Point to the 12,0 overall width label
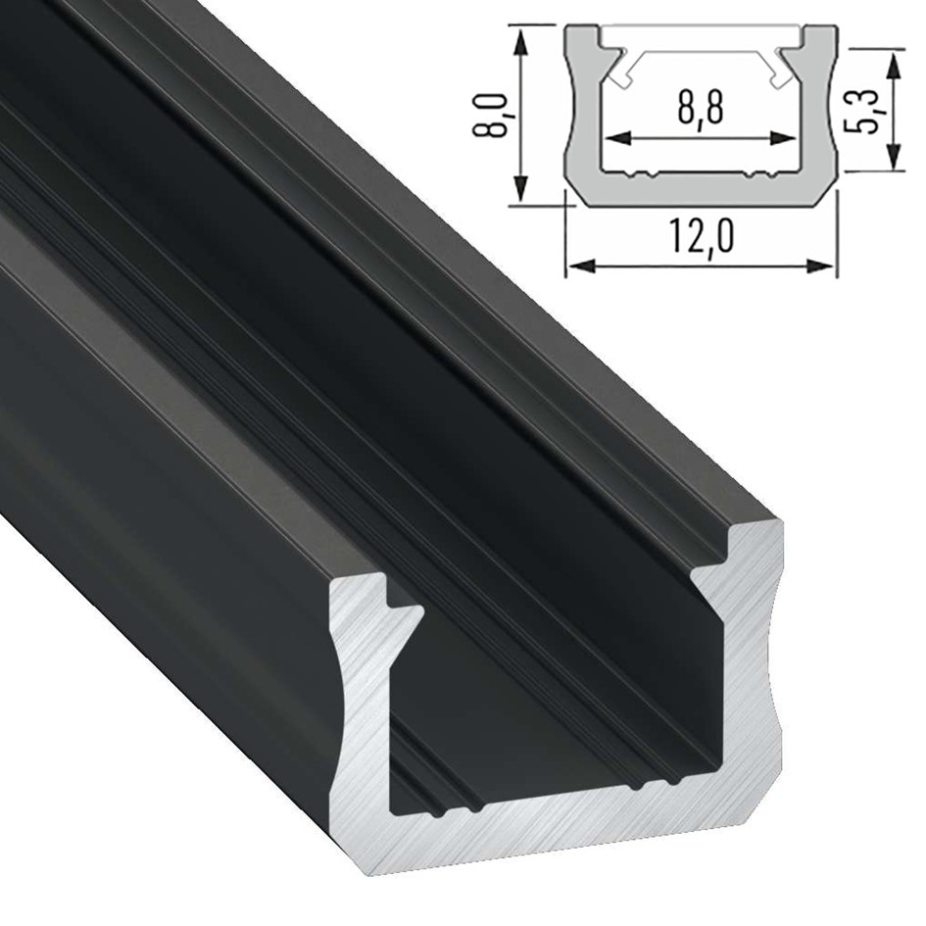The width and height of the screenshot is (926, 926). point(703,236)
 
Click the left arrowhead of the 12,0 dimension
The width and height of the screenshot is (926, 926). point(581,267)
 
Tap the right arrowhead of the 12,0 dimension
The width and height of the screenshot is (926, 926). point(821,267)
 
